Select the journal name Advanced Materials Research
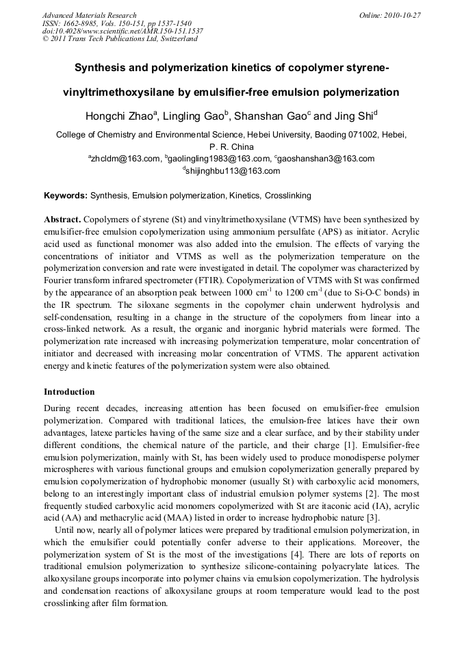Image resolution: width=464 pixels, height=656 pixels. point(90,15)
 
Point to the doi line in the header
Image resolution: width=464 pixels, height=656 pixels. point(123,31)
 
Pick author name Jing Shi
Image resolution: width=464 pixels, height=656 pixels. point(352,115)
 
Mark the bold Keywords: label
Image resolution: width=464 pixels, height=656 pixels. point(66,196)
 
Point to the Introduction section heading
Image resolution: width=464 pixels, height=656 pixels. point(69,392)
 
